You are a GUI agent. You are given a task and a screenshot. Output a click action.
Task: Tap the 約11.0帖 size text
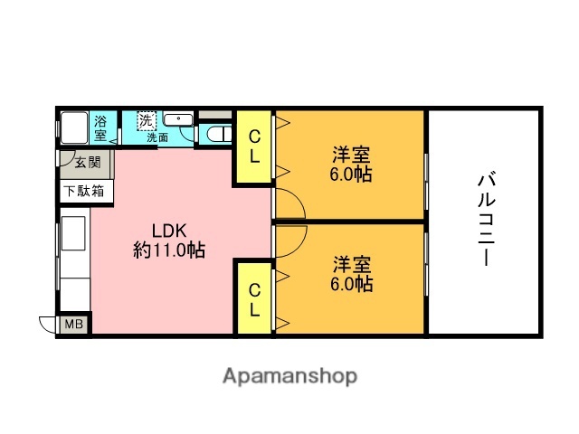click(168, 250)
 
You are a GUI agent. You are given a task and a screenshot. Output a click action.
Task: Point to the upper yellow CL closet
click(254, 146)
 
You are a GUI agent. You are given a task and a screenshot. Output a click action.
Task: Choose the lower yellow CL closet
click(254, 298)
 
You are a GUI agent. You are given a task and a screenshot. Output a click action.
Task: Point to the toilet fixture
click(215, 134)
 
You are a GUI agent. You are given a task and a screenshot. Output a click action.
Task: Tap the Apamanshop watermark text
click(289, 375)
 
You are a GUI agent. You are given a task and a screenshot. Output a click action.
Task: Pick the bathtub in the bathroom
click(74, 127)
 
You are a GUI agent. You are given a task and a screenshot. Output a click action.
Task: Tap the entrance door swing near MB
click(48, 325)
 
